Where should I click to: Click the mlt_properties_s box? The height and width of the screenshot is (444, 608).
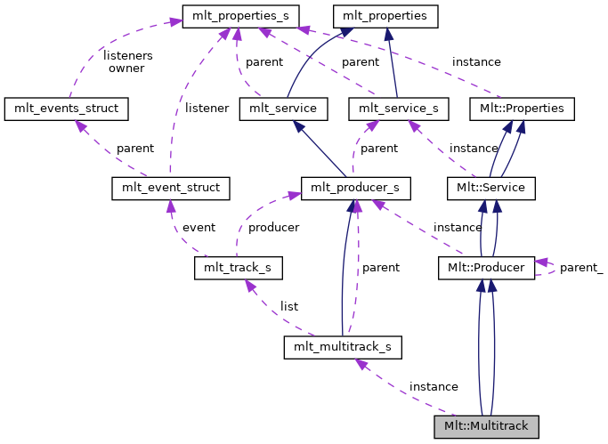click(240, 15)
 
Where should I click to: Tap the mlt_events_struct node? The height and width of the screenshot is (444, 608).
click(67, 109)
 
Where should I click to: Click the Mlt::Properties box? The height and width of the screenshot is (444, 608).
click(522, 109)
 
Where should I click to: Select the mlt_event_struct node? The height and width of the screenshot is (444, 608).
click(171, 188)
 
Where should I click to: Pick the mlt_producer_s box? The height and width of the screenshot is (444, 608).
click(356, 188)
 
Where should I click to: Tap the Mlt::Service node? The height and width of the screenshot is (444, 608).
click(490, 188)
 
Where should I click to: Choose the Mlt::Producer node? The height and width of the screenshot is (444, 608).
click(486, 267)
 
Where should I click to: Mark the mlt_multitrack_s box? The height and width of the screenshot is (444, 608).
click(343, 346)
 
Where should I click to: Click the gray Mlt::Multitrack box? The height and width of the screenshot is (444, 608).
click(486, 426)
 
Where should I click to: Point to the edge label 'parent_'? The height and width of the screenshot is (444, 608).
click(581, 268)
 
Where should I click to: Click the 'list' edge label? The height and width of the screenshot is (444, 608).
click(289, 307)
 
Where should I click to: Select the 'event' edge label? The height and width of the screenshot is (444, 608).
click(199, 227)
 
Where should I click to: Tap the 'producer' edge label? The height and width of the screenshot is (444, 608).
click(273, 227)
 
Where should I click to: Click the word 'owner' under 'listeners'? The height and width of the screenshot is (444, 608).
click(126, 69)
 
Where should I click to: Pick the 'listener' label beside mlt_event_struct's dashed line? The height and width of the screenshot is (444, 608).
click(208, 108)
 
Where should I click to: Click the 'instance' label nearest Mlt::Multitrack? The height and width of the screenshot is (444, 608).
click(434, 387)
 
